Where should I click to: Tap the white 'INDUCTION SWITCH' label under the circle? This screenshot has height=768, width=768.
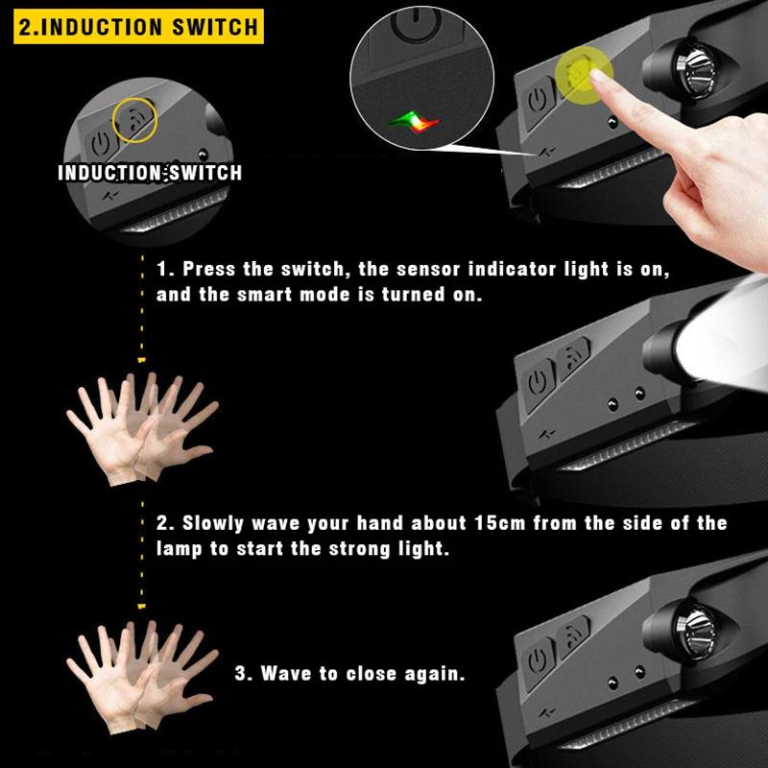(x=150, y=173)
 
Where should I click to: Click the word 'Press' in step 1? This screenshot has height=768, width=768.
(x=210, y=269)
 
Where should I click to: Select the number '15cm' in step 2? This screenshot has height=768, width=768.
(x=498, y=524)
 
